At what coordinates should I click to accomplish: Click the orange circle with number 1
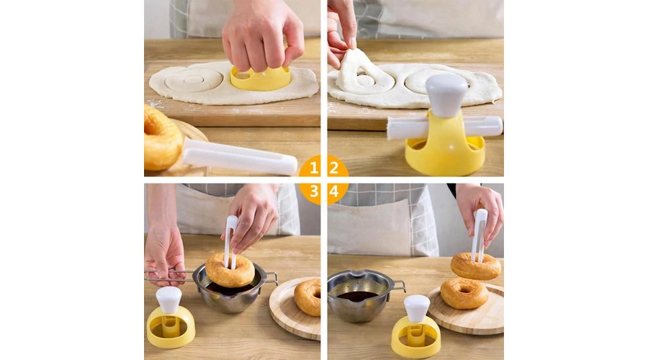tap(312, 167)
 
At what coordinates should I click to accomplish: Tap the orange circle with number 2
tap(336, 167)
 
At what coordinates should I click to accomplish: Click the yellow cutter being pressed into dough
tap(261, 80)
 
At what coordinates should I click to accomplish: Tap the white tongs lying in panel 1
tap(239, 157)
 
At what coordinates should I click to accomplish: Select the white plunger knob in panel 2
tap(446, 94)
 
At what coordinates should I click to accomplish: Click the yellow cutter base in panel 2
tap(445, 153)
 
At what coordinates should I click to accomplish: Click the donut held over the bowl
tap(230, 270)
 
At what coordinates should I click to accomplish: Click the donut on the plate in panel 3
tap(307, 297)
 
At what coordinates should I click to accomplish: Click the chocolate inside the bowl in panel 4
tap(357, 296)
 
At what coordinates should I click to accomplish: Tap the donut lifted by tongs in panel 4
tap(476, 266)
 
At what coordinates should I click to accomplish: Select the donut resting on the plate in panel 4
tap(464, 294)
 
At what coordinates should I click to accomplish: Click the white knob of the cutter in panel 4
tap(417, 308)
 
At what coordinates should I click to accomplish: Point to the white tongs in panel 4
tap(480, 235)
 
